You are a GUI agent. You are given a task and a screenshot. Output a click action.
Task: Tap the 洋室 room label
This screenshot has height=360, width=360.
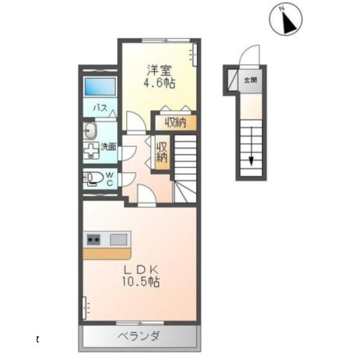159,71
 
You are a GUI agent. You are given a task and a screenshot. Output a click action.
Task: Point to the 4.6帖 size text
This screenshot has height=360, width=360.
159,83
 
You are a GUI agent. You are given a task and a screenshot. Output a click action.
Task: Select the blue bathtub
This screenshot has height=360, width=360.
100,87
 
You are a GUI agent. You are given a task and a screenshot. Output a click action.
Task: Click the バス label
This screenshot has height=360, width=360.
100,107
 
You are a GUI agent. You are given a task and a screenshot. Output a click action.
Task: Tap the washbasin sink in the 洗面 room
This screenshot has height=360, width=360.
90,131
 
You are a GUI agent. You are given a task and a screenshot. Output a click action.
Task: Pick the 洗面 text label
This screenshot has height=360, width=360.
109,147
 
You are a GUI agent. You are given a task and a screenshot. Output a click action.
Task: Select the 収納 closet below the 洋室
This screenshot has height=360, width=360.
175,123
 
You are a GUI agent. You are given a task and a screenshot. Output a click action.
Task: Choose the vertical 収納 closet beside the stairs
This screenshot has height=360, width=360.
162,150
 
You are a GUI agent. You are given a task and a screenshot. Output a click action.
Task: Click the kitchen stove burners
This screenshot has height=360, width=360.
93,240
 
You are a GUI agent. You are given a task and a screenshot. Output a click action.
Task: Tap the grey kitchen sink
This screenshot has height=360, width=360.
118,240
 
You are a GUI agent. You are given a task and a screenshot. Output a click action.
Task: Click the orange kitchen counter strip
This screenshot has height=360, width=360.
107,253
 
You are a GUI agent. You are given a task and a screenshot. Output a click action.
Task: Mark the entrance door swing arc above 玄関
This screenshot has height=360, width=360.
248,57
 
